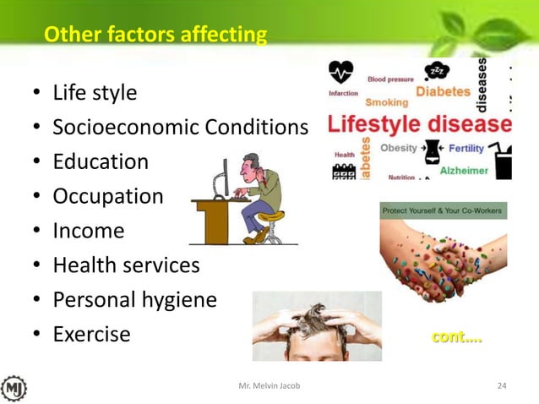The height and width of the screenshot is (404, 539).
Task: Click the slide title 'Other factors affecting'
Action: (155, 35)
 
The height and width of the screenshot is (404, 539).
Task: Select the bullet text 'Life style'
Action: (95, 92)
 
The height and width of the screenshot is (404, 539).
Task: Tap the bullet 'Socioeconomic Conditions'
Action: (180, 127)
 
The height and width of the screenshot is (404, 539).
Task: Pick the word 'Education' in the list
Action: (101, 161)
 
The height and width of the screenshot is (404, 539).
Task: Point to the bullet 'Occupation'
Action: (108, 196)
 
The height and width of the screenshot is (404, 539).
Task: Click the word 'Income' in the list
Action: (88, 231)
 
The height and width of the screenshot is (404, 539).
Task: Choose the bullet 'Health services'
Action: (126, 265)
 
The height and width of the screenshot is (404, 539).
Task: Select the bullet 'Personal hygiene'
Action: (134, 300)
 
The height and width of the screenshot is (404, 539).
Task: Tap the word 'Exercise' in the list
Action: (91, 335)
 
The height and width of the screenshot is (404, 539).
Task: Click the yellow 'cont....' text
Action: (456, 337)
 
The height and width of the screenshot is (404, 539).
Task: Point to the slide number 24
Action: (502, 386)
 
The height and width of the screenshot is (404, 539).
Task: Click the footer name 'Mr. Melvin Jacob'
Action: (269, 386)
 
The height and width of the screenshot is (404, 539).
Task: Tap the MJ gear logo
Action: (14, 387)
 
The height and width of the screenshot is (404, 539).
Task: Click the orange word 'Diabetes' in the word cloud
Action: (443, 91)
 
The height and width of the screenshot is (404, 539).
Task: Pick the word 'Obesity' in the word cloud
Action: (399, 148)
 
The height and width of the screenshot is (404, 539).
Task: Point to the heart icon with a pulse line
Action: (340, 71)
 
